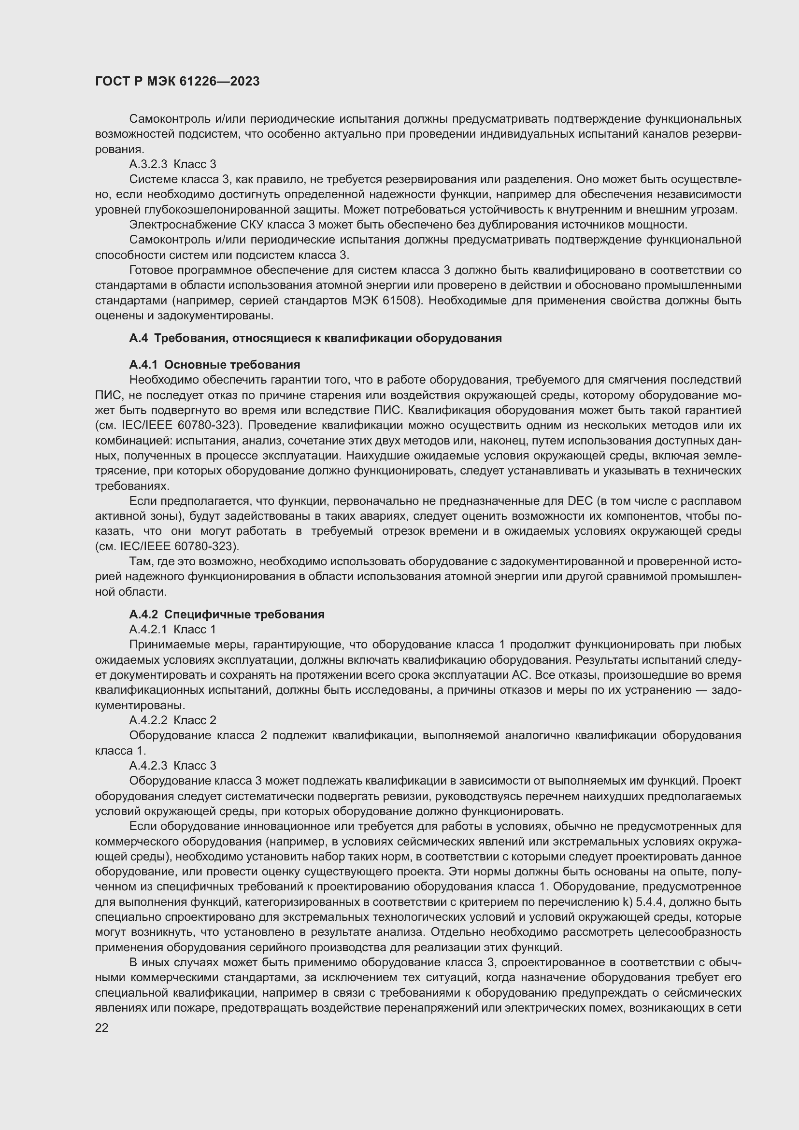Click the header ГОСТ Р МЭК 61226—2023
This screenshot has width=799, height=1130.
(x=177, y=82)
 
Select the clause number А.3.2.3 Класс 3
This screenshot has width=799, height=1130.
(x=172, y=164)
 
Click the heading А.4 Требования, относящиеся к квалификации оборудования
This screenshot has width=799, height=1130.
(x=315, y=338)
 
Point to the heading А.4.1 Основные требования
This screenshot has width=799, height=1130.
(x=214, y=365)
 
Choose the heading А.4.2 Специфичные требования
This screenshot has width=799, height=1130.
(x=227, y=614)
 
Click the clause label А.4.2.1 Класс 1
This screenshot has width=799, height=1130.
(x=172, y=629)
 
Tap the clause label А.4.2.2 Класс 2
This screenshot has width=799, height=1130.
(x=172, y=720)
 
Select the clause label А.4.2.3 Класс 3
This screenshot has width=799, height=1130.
(x=172, y=765)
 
